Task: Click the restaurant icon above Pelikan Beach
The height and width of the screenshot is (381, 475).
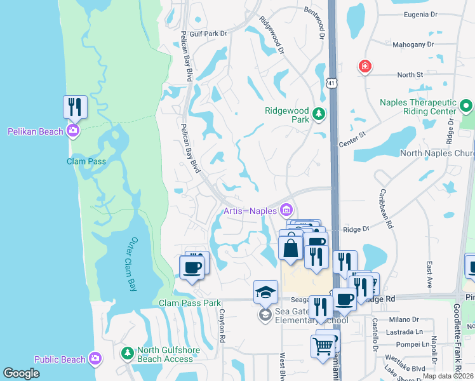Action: click(75, 107)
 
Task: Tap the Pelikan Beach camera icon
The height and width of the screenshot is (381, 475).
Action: click(73, 131)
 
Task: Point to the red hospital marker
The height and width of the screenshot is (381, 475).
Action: click(365, 66)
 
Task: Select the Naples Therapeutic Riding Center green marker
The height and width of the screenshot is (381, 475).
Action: click(467, 105)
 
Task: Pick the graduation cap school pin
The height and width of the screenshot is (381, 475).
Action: click(265, 291)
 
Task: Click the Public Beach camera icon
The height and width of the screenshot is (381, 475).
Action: click(95, 359)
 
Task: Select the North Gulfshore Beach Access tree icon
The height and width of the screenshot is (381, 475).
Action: click(127, 352)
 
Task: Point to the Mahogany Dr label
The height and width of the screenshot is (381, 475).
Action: click(413, 45)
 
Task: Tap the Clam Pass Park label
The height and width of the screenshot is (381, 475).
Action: click(190, 303)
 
